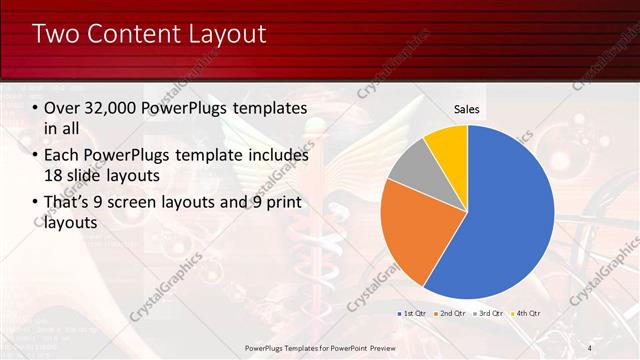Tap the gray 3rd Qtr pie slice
point(410,165)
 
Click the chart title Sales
point(466,108)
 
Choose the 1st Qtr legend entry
point(414,313)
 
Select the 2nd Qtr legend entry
point(451,313)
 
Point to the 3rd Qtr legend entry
point(489,313)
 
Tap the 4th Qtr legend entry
point(526,313)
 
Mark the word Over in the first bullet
point(62,108)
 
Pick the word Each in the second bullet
point(62,156)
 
